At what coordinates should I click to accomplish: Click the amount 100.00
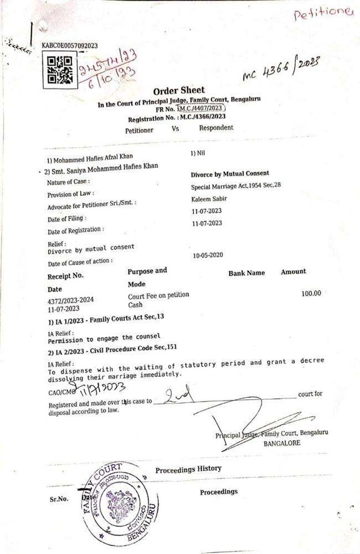(x=311, y=294)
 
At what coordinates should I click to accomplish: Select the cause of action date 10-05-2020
(x=208, y=254)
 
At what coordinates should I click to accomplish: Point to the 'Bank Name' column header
(x=246, y=273)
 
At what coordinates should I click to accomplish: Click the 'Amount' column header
(x=293, y=271)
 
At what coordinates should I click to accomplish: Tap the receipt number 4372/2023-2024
(x=70, y=300)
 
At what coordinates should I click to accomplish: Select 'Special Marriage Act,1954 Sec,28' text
(x=239, y=187)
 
